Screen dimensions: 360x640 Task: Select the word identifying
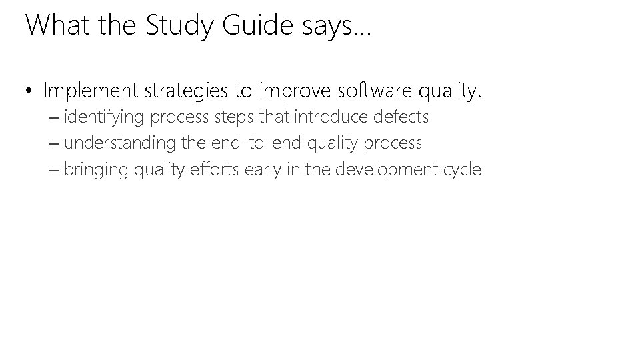[105, 118]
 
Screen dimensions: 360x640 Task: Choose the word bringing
[97, 169]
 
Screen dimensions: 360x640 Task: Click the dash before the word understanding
[54, 143]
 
